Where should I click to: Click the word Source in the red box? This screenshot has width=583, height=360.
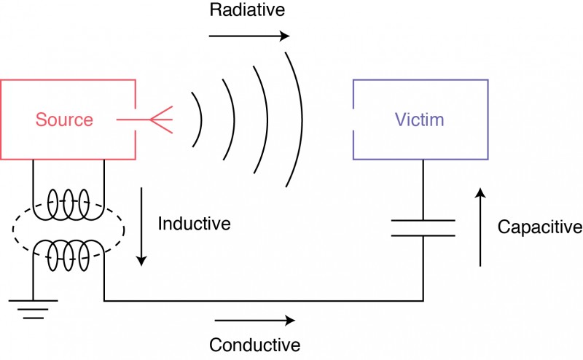point(65,120)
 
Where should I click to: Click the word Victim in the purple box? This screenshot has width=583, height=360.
point(419,120)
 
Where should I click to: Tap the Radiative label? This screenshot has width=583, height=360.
point(247,11)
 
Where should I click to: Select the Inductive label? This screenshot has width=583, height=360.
point(194,224)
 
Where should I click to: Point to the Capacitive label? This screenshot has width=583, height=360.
point(539,227)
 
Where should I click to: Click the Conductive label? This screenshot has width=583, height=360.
point(254,345)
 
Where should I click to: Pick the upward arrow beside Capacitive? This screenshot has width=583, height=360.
point(480,227)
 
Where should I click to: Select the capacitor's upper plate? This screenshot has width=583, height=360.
point(423,219)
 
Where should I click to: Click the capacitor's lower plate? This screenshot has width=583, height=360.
point(423,235)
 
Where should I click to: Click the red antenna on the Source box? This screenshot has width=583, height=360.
point(157,120)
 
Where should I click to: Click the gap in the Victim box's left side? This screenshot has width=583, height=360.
point(353,120)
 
